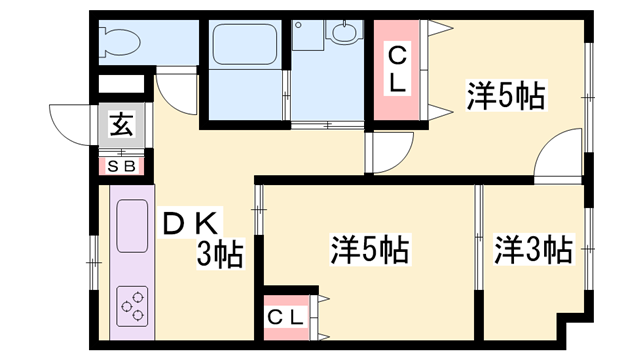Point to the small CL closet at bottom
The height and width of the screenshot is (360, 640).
point(287,317)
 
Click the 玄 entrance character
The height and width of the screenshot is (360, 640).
point(121,126)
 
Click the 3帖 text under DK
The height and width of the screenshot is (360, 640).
point(219,254)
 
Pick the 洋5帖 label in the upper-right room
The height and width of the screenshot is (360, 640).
point(505,96)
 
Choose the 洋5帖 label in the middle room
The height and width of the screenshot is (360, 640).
point(369,249)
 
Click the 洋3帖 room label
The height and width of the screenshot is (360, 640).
point(534,249)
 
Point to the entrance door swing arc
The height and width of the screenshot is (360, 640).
point(70,124)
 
